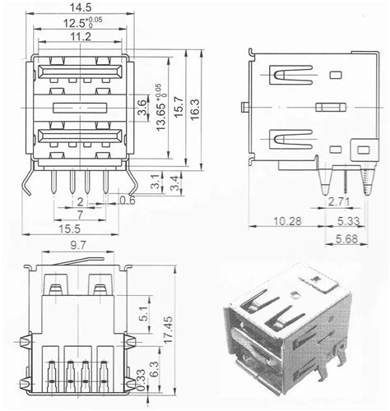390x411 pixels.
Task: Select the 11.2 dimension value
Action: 79,37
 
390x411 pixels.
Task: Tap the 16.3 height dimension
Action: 195,107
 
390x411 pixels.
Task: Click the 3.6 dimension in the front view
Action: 142,107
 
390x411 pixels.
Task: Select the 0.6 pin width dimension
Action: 128,200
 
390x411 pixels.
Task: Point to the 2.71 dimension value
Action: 340,201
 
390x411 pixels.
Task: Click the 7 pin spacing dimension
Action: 80,214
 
